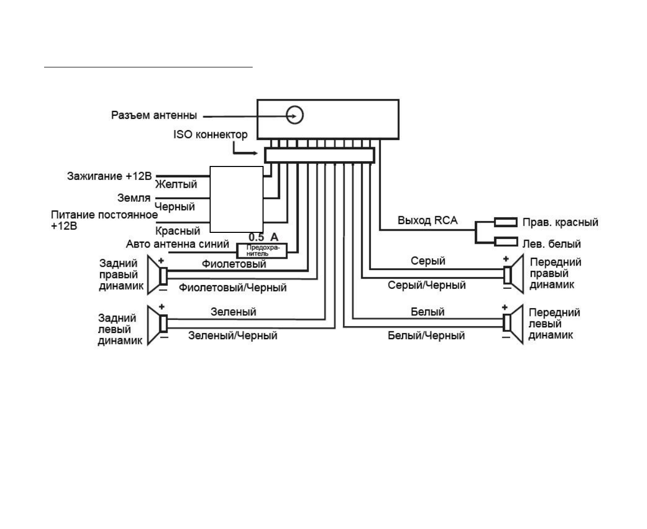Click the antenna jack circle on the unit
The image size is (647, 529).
tap(295, 115)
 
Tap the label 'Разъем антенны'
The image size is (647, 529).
tap(154, 115)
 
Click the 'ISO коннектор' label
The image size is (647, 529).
tap(210, 134)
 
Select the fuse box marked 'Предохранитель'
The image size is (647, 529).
tap(261, 251)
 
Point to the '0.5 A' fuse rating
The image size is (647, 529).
tap(264, 238)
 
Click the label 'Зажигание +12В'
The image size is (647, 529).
tap(109, 176)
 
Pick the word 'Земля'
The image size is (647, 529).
tap(134, 198)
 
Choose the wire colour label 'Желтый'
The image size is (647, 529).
tap(176, 184)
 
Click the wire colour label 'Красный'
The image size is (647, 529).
tap(178, 231)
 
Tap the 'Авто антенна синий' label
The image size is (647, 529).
tap(177, 244)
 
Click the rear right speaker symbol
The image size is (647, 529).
tap(158, 275)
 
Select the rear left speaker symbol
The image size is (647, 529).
tap(158, 325)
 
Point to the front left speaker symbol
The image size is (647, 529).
tap(513, 324)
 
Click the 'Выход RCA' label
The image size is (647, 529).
tap(428, 220)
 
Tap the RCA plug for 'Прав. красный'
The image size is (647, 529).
tap(505, 222)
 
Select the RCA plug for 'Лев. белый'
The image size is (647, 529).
tap(505, 242)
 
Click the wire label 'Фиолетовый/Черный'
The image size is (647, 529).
tap(232, 287)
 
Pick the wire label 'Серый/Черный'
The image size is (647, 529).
tap(426, 285)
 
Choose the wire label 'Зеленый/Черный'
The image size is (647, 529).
tap(232, 336)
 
